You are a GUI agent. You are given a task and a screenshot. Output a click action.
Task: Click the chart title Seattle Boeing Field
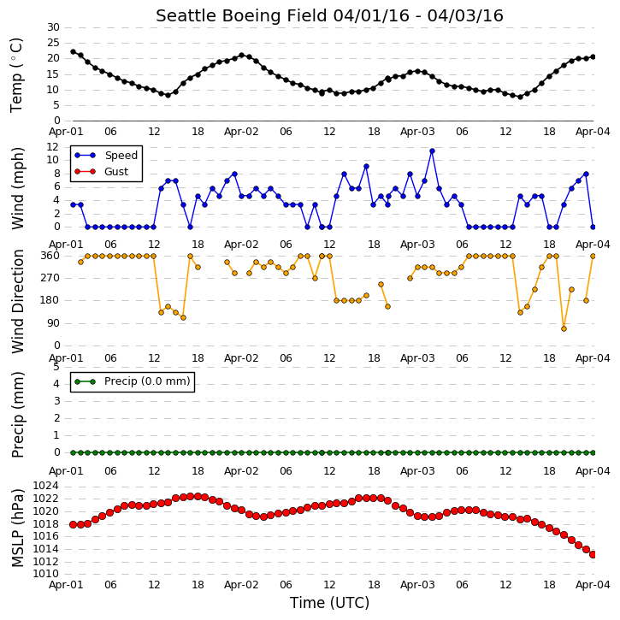coord(241,16)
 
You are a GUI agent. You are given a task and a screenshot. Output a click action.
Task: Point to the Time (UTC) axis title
coord(329,603)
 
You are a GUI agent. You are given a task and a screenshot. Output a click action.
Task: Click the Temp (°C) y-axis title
coord(16,75)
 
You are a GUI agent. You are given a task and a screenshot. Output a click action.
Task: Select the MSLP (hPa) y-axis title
coord(17,528)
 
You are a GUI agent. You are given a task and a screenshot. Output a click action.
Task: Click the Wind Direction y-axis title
coord(17,301)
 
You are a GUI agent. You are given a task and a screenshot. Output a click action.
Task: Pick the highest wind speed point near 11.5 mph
coord(432,151)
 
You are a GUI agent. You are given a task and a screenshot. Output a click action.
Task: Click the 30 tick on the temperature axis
coord(53,27)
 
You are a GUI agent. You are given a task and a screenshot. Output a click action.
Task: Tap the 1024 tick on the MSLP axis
coord(45,486)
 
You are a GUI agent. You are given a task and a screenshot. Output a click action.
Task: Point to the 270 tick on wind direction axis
coord(50,278)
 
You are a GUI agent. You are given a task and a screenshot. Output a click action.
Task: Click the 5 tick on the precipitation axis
coord(56,367)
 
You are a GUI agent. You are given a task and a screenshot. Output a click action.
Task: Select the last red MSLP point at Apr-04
coord(593,555)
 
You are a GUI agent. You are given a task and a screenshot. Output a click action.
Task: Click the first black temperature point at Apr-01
coord(74,52)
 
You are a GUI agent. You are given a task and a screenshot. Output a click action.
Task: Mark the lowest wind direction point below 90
coord(564,329)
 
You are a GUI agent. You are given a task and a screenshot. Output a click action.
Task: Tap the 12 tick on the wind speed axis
coord(53,147)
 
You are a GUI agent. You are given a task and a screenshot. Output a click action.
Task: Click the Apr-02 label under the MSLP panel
coord(241,585)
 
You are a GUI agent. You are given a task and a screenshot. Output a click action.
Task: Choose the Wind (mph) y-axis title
coord(17,188)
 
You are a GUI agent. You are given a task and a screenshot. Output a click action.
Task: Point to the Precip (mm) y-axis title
coord(17,415)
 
